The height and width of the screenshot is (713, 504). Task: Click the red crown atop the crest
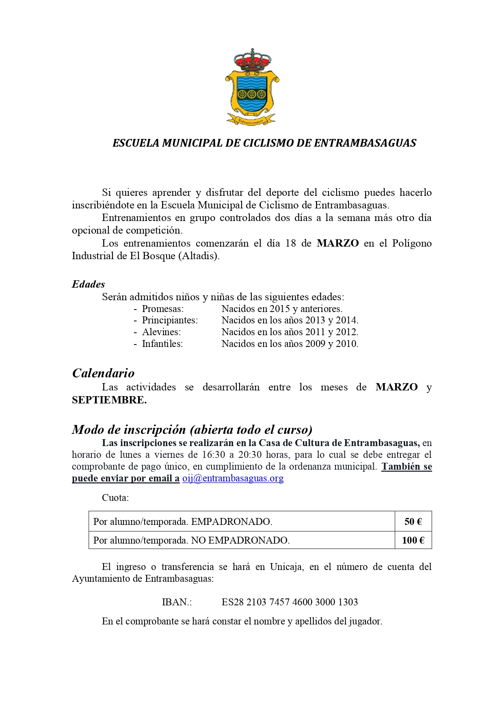[x=252, y=60]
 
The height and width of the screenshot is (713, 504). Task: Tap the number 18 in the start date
[x=290, y=243]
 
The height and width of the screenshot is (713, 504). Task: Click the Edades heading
[x=88, y=284]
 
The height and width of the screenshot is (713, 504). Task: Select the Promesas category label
[x=162, y=309]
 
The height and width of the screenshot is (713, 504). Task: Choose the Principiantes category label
[x=170, y=320]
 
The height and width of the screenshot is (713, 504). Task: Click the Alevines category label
[x=161, y=332]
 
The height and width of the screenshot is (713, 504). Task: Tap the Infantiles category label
[x=162, y=344]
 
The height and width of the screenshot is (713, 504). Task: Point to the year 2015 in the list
[x=280, y=309]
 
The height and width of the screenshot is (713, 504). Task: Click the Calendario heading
[x=103, y=373]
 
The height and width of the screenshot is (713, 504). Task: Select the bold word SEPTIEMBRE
[x=109, y=400]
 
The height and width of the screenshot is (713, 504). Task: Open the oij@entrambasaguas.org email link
[x=233, y=478]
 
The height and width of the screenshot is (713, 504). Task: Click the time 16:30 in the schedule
[x=213, y=455]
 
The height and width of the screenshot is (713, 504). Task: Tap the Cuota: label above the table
[x=115, y=498]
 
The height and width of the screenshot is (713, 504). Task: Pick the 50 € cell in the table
[x=413, y=522]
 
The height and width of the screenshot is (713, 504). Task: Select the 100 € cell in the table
[x=413, y=540]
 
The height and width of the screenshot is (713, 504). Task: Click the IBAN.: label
[x=177, y=602]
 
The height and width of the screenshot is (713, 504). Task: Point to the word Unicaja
[x=287, y=567]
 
